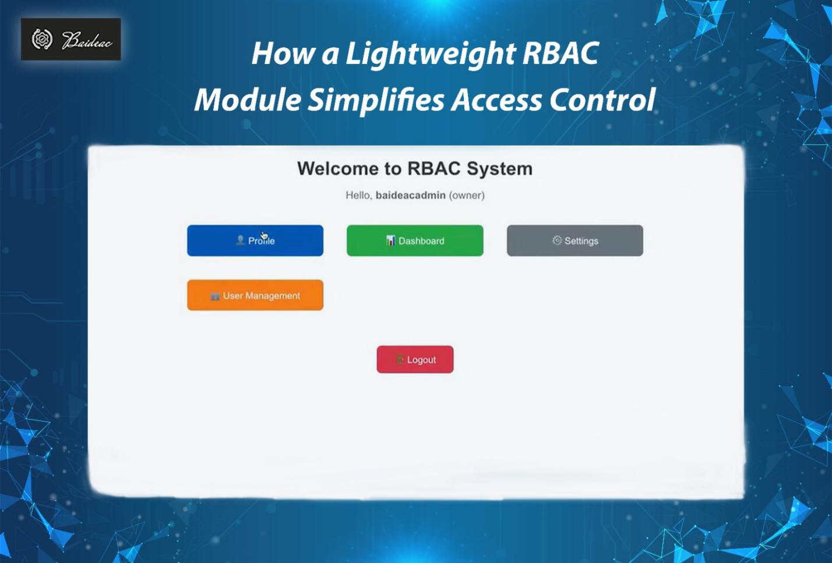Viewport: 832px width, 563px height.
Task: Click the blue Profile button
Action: pos(255,240)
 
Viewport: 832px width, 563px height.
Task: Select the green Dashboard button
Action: pos(415,240)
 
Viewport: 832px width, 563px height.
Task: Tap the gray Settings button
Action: pos(574,240)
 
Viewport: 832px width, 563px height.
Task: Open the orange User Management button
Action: pos(255,295)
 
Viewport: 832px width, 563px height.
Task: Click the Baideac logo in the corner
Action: pos(71,40)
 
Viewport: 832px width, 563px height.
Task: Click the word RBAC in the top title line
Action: pos(560,54)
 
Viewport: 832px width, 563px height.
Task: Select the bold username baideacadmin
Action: pos(410,196)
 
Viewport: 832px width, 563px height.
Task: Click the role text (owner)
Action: pos(467,196)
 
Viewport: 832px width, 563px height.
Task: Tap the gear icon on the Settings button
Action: pos(557,240)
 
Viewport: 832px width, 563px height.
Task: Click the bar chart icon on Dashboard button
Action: pos(391,240)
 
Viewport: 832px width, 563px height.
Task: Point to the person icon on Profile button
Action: pos(240,240)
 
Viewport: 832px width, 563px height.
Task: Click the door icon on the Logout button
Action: pos(400,360)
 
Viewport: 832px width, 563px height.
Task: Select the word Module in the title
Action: pos(248,100)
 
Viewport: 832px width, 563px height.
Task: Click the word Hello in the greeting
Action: pos(358,196)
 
